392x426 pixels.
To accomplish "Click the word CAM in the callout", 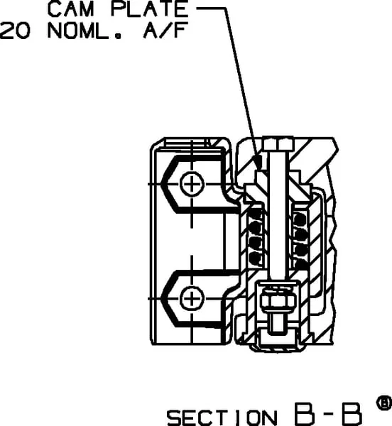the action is coord(70,9).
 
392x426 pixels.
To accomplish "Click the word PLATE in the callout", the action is coord(149,9).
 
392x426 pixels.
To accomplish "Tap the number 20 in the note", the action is coord(15,31).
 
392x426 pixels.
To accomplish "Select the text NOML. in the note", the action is coord(85,31).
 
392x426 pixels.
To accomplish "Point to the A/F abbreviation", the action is coord(165,30).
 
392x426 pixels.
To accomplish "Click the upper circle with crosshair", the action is coord(192,184).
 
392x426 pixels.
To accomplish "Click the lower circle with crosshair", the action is coord(192,299).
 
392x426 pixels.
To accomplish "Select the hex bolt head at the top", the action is coord(278,143).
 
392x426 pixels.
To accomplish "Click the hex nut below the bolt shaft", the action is coord(278,301).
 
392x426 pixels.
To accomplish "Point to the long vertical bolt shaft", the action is coord(278,214).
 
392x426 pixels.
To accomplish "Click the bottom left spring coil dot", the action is coord(256,258).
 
